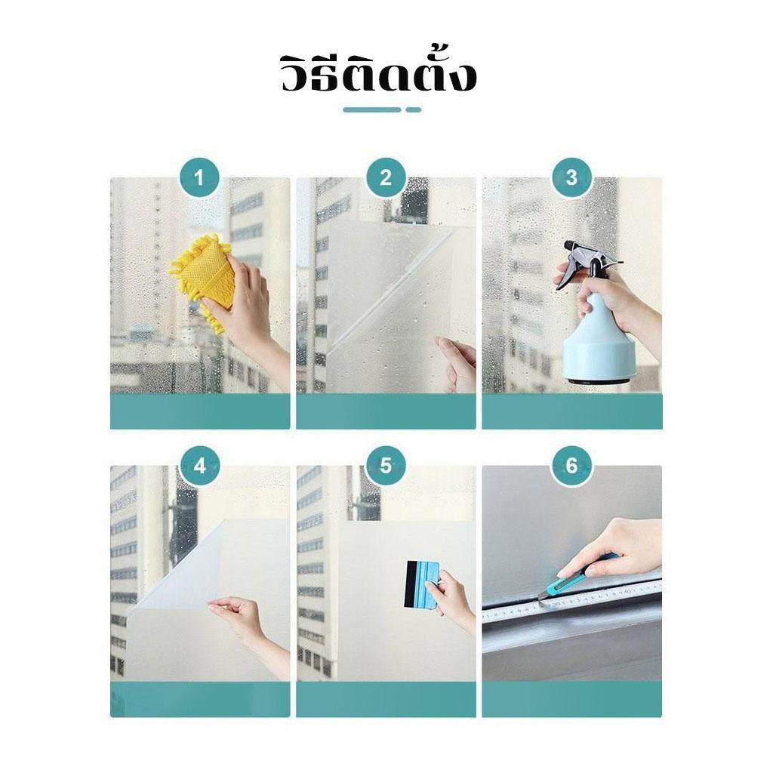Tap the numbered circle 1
(199, 177)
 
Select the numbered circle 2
(386, 177)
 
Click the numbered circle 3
(571, 177)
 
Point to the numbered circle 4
(199, 466)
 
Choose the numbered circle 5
(386, 466)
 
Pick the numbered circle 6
(571, 466)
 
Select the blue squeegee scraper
(424, 583)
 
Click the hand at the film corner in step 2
(456, 362)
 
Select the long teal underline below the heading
(372, 110)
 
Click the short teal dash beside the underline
(414, 110)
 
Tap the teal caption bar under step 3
(572, 411)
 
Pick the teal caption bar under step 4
(199, 700)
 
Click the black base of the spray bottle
(596, 380)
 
